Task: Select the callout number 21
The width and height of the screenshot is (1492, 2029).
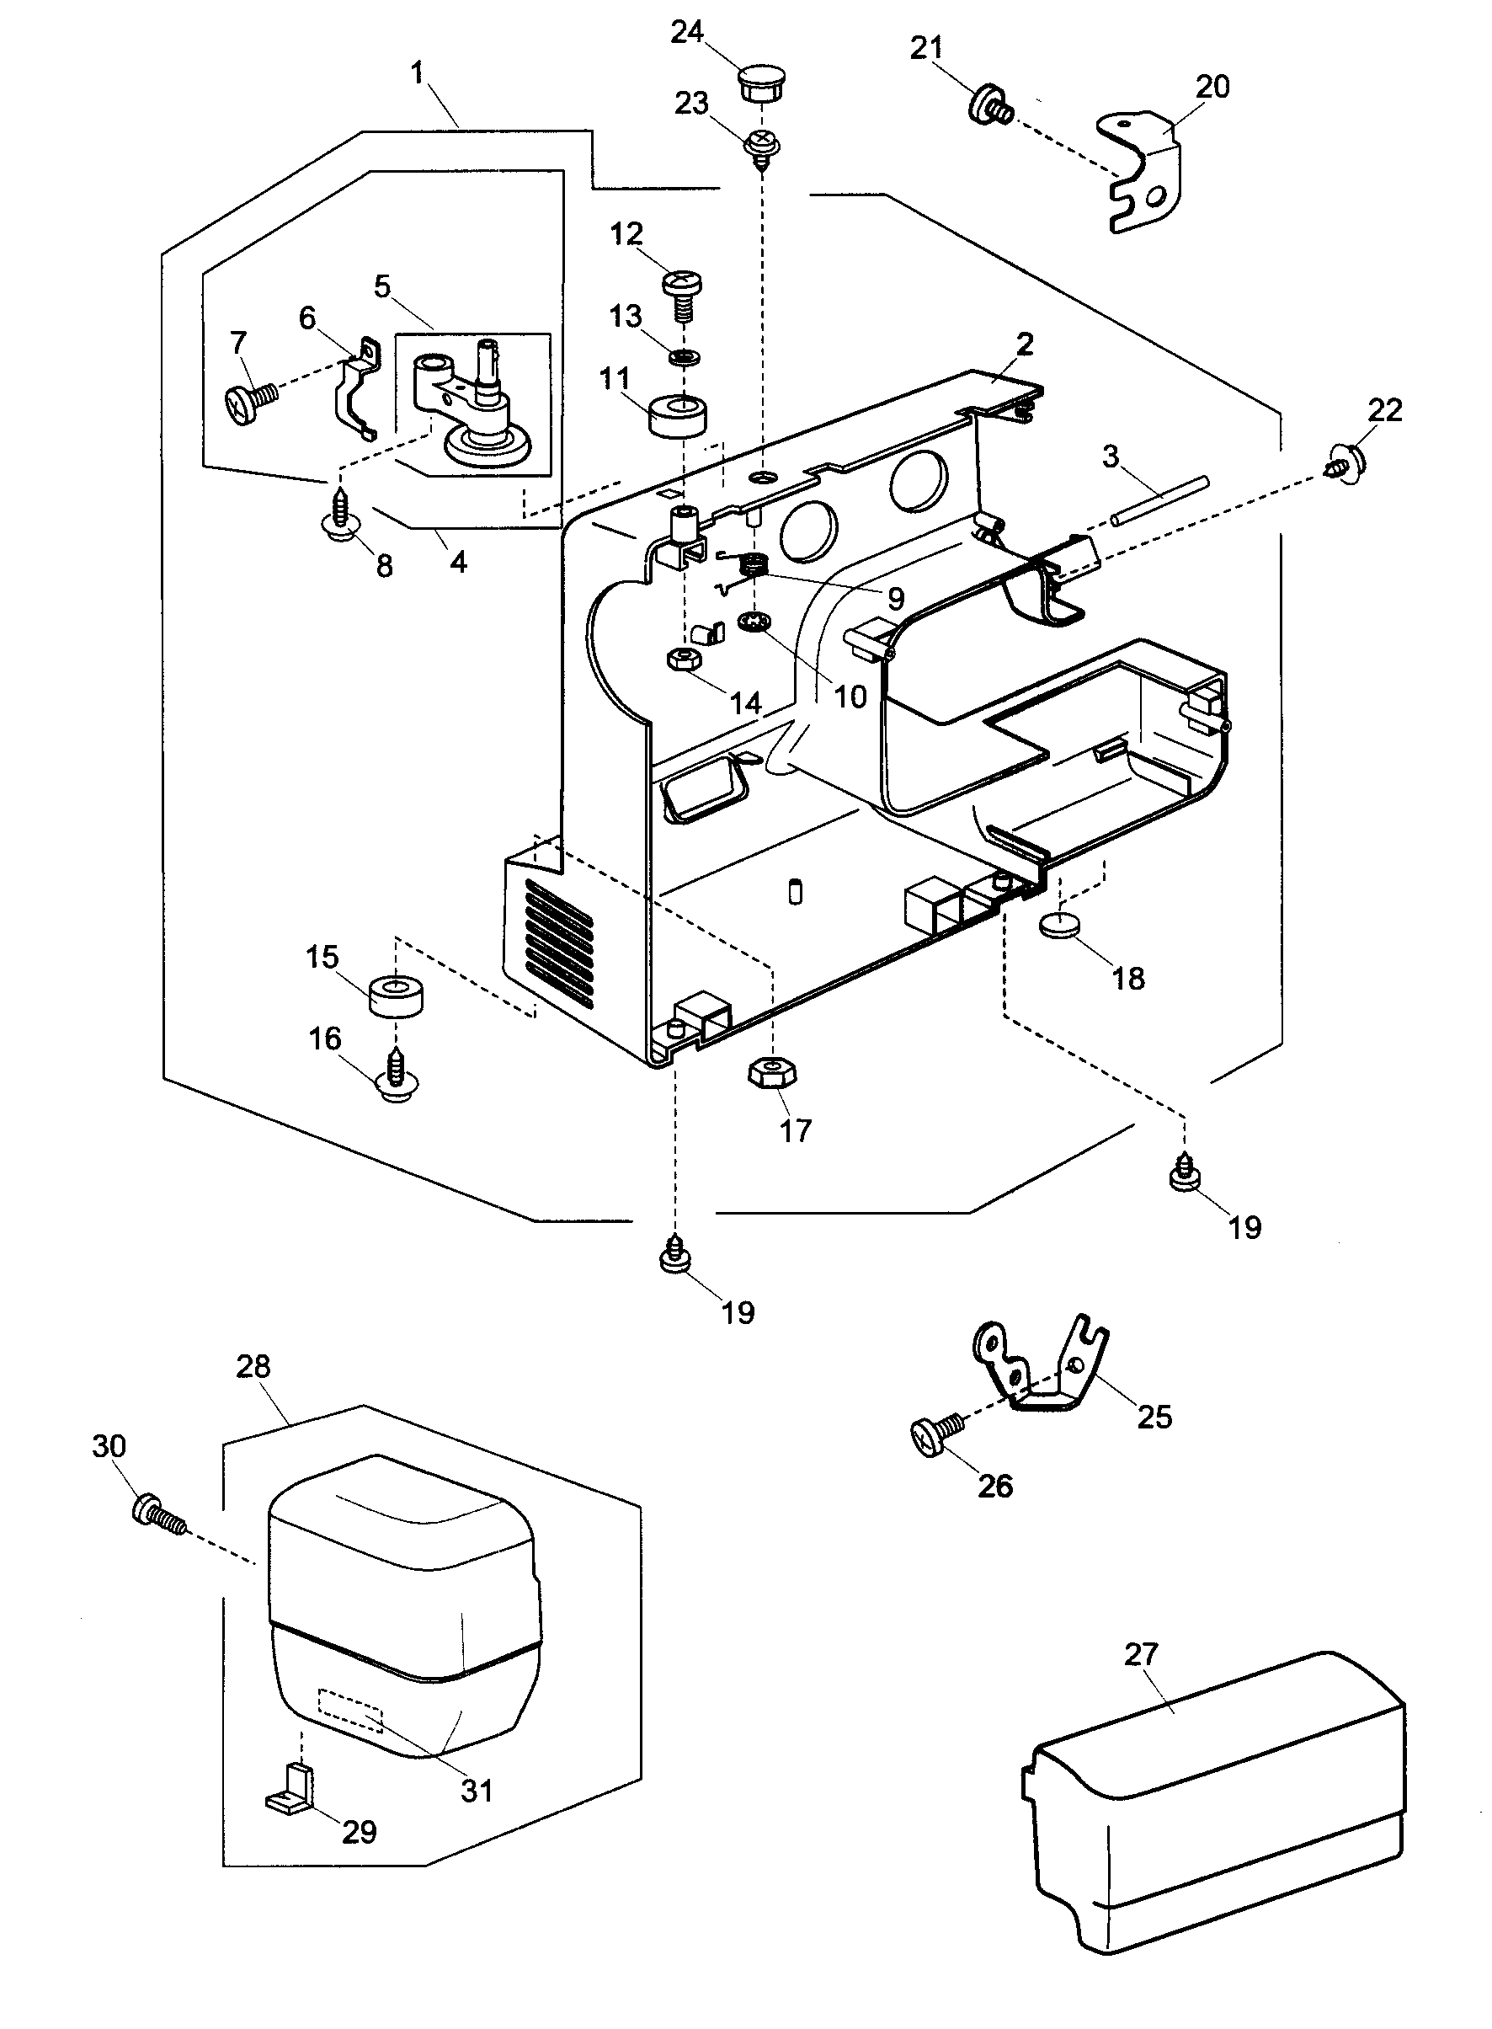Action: click(x=925, y=47)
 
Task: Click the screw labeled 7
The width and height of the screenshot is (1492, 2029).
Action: click(x=250, y=401)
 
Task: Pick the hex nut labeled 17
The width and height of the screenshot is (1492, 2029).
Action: click(x=771, y=1074)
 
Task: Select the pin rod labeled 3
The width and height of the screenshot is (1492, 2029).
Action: click(x=1159, y=499)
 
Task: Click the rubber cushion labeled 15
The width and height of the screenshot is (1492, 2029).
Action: click(x=397, y=996)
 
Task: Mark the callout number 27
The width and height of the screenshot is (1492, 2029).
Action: click(x=1140, y=1653)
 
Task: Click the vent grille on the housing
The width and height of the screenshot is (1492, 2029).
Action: click(x=559, y=944)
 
